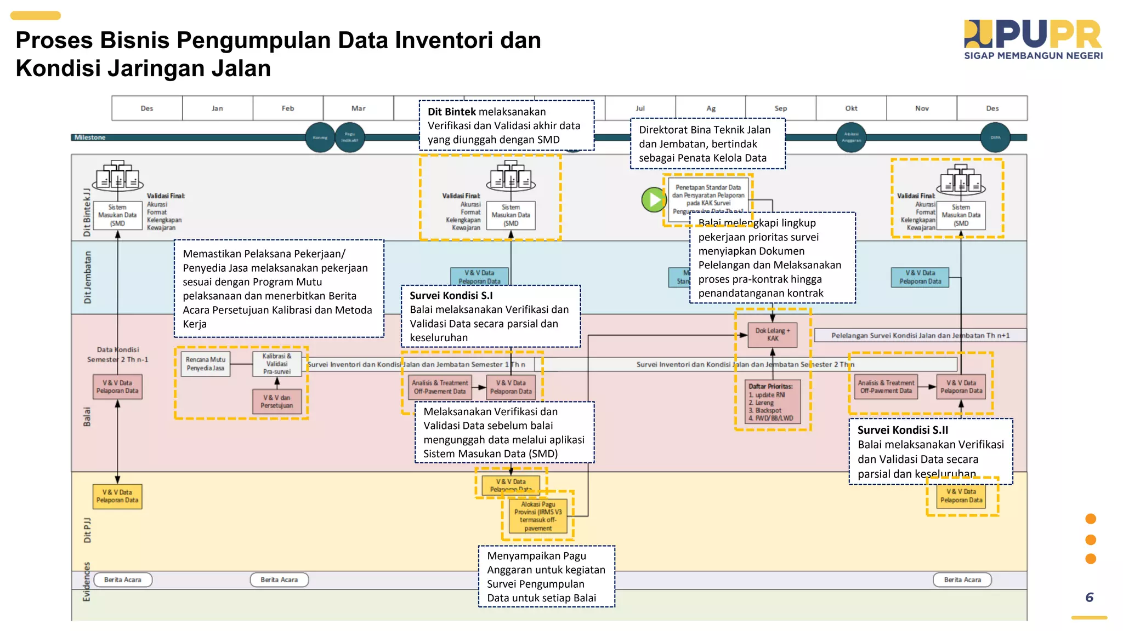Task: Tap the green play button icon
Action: coord(654,200)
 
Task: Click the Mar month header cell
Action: coord(358,108)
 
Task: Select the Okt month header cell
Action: coord(850,108)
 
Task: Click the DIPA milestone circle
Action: coord(995,137)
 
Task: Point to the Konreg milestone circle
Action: coord(320,137)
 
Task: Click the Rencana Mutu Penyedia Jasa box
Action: coord(206,364)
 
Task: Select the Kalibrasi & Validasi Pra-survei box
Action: coord(277,364)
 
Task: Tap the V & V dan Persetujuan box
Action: coord(277,401)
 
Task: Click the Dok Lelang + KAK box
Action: coord(772,334)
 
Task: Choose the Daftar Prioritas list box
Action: coord(773,402)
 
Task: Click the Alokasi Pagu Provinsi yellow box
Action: coord(538,516)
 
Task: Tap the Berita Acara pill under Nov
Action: coord(962,580)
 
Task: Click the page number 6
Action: coord(1089,597)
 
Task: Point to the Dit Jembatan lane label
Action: coord(88,277)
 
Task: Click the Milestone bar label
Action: coord(90,137)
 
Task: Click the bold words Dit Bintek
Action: coord(451,112)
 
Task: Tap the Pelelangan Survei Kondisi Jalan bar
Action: coord(920,335)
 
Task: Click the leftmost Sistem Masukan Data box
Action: coord(117,215)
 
